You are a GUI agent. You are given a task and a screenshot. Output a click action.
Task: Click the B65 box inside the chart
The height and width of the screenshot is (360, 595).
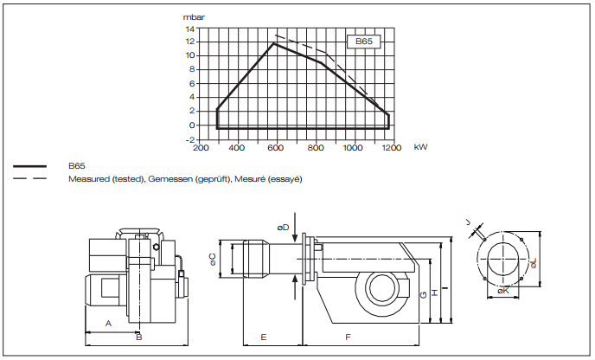[363, 41]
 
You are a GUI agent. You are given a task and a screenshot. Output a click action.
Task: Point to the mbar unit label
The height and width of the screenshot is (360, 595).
[193, 16]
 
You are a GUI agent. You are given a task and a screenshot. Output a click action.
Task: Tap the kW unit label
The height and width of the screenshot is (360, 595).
[420, 147]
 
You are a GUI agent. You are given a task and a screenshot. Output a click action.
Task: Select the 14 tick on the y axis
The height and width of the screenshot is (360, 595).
[189, 28]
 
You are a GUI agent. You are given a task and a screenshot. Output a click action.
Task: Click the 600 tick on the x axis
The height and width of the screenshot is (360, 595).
[276, 147]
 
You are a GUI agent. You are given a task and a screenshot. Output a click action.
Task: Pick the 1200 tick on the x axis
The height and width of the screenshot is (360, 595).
[392, 147]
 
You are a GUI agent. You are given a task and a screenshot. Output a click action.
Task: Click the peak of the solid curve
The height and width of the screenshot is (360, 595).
[274, 43]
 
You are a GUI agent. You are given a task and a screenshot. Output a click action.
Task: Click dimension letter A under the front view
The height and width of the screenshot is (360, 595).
[108, 322]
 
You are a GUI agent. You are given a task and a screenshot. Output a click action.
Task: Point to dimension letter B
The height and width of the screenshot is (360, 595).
[138, 336]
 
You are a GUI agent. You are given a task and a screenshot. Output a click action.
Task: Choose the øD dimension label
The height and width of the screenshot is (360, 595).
[283, 227]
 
